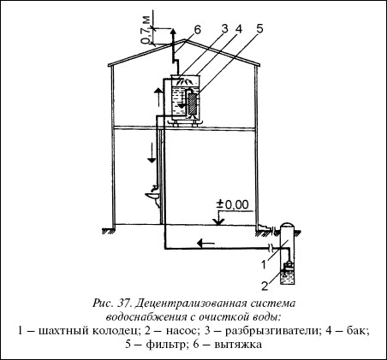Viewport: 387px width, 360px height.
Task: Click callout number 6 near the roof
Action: point(198,30)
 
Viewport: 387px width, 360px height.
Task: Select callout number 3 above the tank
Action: point(225,29)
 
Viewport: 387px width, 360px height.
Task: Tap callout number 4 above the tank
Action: point(239,29)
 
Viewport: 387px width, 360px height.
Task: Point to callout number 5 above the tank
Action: point(259,29)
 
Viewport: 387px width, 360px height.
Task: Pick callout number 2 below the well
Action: point(265,286)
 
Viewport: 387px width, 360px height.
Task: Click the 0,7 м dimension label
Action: point(146,30)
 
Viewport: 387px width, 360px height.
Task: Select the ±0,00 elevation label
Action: point(233,204)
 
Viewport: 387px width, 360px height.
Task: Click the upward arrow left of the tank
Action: point(158,97)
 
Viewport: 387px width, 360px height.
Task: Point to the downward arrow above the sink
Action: point(152,152)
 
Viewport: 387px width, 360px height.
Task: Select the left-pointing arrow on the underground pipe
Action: point(206,244)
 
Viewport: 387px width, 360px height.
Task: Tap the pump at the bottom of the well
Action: point(289,267)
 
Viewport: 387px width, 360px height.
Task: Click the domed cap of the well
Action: point(288,226)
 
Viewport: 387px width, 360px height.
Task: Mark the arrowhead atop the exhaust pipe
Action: point(172,32)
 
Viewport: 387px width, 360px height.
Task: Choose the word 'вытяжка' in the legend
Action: point(238,345)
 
